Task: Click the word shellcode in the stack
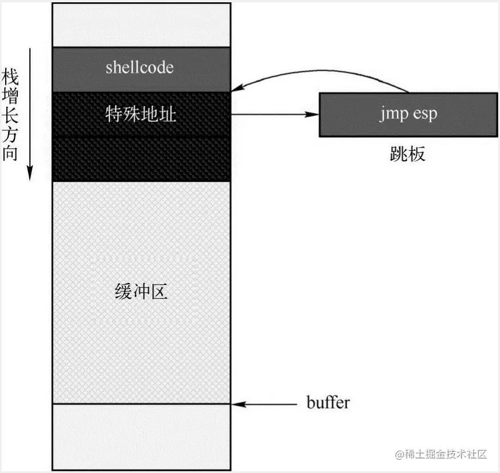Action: pyautogui.click(x=140, y=67)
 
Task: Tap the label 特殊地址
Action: pyautogui.click(x=141, y=114)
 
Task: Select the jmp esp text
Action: pyautogui.click(x=408, y=114)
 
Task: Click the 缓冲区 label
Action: pyautogui.click(x=141, y=292)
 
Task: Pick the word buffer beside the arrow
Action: pyautogui.click(x=327, y=403)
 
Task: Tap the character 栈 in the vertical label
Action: pyautogui.click(x=10, y=75)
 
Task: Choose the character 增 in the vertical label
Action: pyautogui.click(x=10, y=95)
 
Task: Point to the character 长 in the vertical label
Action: pyautogui.click(x=10, y=114)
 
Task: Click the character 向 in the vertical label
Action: pyautogui.click(x=10, y=154)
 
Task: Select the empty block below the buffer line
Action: pyautogui.click(x=141, y=437)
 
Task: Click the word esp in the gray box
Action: pyautogui.click(x=425, y=114)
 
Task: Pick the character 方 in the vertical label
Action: pyautogui.click(x=10, y=134)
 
